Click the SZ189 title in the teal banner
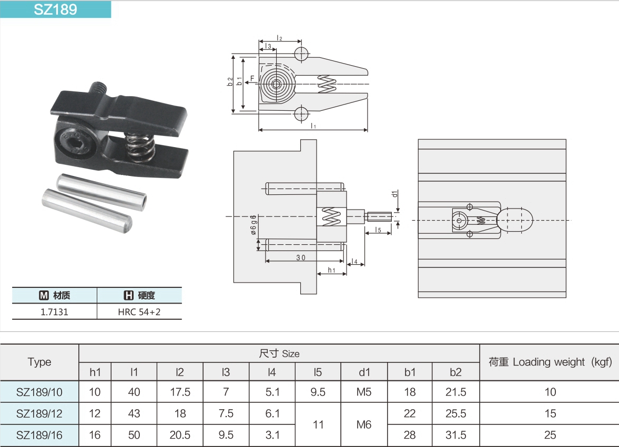[55, 9]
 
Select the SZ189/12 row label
[39, 414]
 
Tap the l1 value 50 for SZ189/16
[134, 435]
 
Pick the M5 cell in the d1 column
[364, 392]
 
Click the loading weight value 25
[550, 435]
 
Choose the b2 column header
[455, 372]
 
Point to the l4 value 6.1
[272, 414]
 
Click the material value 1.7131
[54, 311]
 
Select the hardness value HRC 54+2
[139, 311]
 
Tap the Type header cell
[39, 362]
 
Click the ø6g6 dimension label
[253, 226]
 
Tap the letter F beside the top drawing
[252, 79]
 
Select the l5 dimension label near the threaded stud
[379, 230]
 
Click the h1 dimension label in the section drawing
[331, 270]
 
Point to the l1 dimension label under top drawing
[313, 126]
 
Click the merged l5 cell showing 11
[318, 424]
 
